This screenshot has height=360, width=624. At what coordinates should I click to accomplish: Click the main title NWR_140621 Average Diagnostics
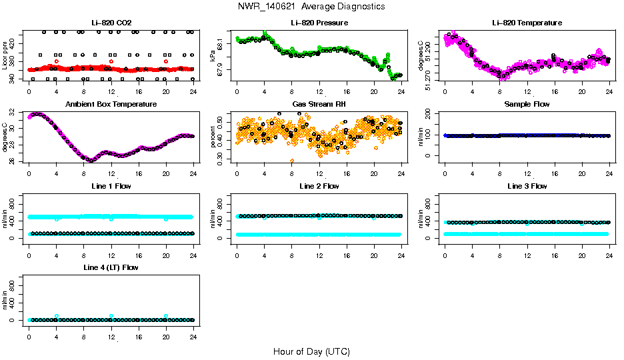311,7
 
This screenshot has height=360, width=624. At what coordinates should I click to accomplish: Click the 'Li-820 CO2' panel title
111,23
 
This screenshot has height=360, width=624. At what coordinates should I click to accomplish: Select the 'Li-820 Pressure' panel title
319,23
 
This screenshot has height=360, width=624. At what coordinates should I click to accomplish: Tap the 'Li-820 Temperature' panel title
527,23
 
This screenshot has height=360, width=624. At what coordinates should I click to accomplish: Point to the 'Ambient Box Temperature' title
111,105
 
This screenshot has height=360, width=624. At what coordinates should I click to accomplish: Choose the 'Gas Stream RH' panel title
319,105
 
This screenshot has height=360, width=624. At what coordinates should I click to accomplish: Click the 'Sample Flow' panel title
527,105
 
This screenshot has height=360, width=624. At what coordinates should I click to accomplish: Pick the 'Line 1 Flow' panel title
111,186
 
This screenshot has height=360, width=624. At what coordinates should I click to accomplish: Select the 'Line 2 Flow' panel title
319,186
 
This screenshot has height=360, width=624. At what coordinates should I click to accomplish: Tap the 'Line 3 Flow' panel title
527,186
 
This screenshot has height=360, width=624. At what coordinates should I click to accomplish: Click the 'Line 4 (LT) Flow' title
111,267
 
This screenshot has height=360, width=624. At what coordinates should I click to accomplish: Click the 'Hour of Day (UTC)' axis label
311,351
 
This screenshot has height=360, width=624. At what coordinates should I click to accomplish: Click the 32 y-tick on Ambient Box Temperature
14,114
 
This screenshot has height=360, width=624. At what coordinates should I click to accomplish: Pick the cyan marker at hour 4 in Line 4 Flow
57,316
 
